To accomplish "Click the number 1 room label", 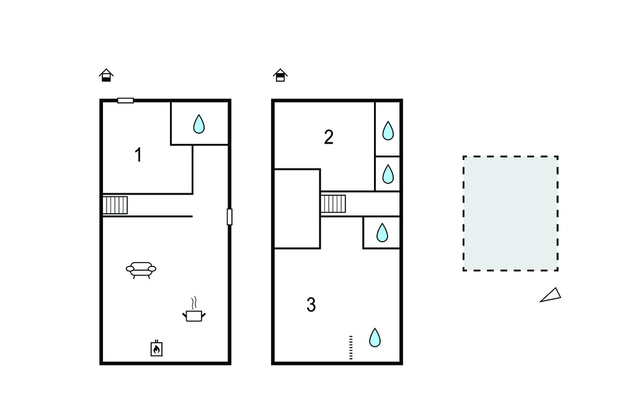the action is pos(138,155).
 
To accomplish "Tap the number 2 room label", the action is pos(329,137).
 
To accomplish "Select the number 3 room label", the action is pos(311,305).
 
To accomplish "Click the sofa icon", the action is pos(141,270).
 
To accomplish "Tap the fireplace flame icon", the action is pos(157,348).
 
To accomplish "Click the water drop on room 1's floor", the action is pos(199,124).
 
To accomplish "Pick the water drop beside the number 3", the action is pos(375,338).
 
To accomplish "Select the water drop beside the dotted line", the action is pos(375,338).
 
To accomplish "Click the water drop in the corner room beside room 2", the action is pos(388,131).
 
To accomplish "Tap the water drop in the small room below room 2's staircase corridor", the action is pos(382,233).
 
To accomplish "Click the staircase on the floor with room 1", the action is pos(115,205).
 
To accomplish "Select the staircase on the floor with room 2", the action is pos(333,204).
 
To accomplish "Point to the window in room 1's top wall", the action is pos(125,100).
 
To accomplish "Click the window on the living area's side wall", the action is pos(229,217).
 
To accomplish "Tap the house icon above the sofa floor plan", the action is pos(106,76).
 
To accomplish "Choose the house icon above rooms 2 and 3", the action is pos(280,76).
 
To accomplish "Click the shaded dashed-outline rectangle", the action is pos(511,213).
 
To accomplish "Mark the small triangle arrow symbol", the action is pos(551,296).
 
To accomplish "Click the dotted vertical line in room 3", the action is pos(351,348).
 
